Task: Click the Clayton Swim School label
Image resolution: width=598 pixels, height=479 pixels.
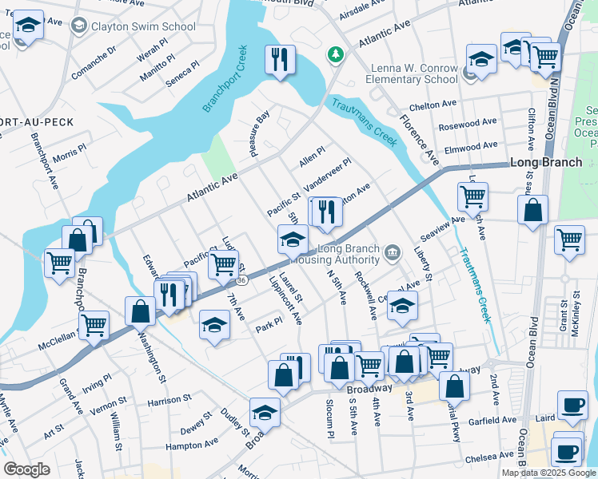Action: tap(144, 26)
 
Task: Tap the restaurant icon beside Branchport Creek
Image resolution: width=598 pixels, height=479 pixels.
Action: tap(280, 58)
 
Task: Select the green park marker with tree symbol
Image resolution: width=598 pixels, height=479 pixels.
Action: tap(336, 54)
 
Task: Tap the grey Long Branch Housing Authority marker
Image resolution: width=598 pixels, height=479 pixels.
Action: tap(392, 254)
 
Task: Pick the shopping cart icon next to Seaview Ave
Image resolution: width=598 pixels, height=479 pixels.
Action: tap(472, 195)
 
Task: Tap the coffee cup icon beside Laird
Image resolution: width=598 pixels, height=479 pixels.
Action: tap(571, 405)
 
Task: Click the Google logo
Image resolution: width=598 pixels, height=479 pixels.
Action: tap(27, 469)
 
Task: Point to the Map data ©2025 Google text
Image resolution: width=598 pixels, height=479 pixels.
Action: tap(548, 473)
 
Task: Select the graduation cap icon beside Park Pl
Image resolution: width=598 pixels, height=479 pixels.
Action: tap(213, 324)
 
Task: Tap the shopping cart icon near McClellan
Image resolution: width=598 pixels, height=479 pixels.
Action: tap(94, 325)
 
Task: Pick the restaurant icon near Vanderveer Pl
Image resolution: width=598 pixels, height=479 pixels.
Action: tap(325, 212)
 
